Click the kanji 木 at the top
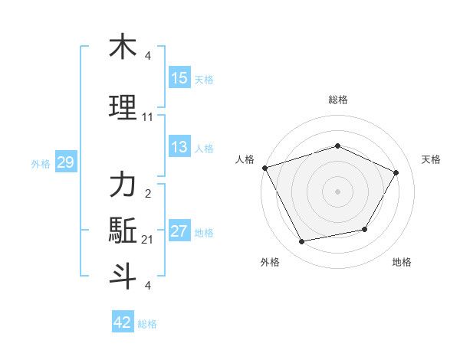pos(123,47)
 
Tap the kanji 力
pos(123,185)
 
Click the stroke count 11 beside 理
pos(147,117)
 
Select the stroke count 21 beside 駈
pos(147,240)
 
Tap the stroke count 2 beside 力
pos(147,193)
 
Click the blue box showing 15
pos(179,78)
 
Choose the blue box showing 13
pos(179,147)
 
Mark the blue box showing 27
pos(179,231)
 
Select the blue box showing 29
pos(65,162)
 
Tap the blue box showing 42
pos(122,322)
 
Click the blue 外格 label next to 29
pos(40,163)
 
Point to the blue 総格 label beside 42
pos(147,323)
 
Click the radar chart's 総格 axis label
pos(337,100)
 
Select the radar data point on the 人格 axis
pos(264,168)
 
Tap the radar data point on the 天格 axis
pos(396,172)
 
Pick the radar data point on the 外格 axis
pos(302,242)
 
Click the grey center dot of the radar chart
pos(337,191)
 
